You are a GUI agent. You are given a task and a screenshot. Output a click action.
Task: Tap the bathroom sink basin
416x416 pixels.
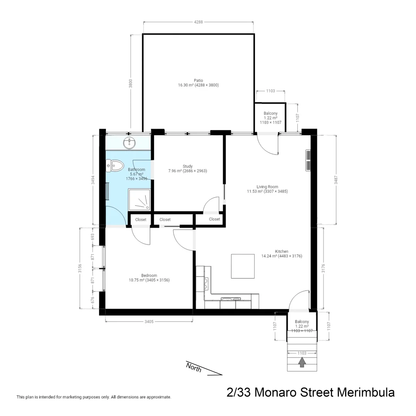coord(129,143)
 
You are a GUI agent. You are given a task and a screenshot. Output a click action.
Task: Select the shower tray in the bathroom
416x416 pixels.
coord(139,200)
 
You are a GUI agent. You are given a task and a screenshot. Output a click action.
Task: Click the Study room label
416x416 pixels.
coord(188,166)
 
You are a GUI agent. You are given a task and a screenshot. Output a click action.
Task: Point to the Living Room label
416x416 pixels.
coord(267,187)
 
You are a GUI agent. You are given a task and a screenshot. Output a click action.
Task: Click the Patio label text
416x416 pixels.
coord(198,81)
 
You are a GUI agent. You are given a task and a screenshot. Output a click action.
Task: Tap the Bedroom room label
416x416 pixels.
coord(149,275)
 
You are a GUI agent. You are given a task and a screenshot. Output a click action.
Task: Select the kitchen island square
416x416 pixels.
coord(243,266)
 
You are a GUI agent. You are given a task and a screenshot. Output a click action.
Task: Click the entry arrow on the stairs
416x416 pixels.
coord(302,362)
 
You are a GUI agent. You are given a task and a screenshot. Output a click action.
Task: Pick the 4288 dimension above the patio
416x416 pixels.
coord(199,22)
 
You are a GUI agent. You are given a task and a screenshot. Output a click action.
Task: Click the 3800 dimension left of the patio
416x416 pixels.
coord(131,84)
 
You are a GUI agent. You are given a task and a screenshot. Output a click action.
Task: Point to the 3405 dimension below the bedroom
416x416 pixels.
coord(149,322)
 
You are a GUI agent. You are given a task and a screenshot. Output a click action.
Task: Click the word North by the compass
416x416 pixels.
coord(193,367)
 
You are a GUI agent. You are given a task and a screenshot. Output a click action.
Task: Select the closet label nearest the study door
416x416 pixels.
coord(215,219)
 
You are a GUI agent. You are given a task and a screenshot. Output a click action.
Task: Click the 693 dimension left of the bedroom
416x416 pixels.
coord(92,237)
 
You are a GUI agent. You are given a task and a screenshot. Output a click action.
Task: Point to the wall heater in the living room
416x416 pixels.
coord(308,160)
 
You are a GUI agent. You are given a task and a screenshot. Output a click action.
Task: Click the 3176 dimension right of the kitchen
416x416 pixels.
coord(323,268)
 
